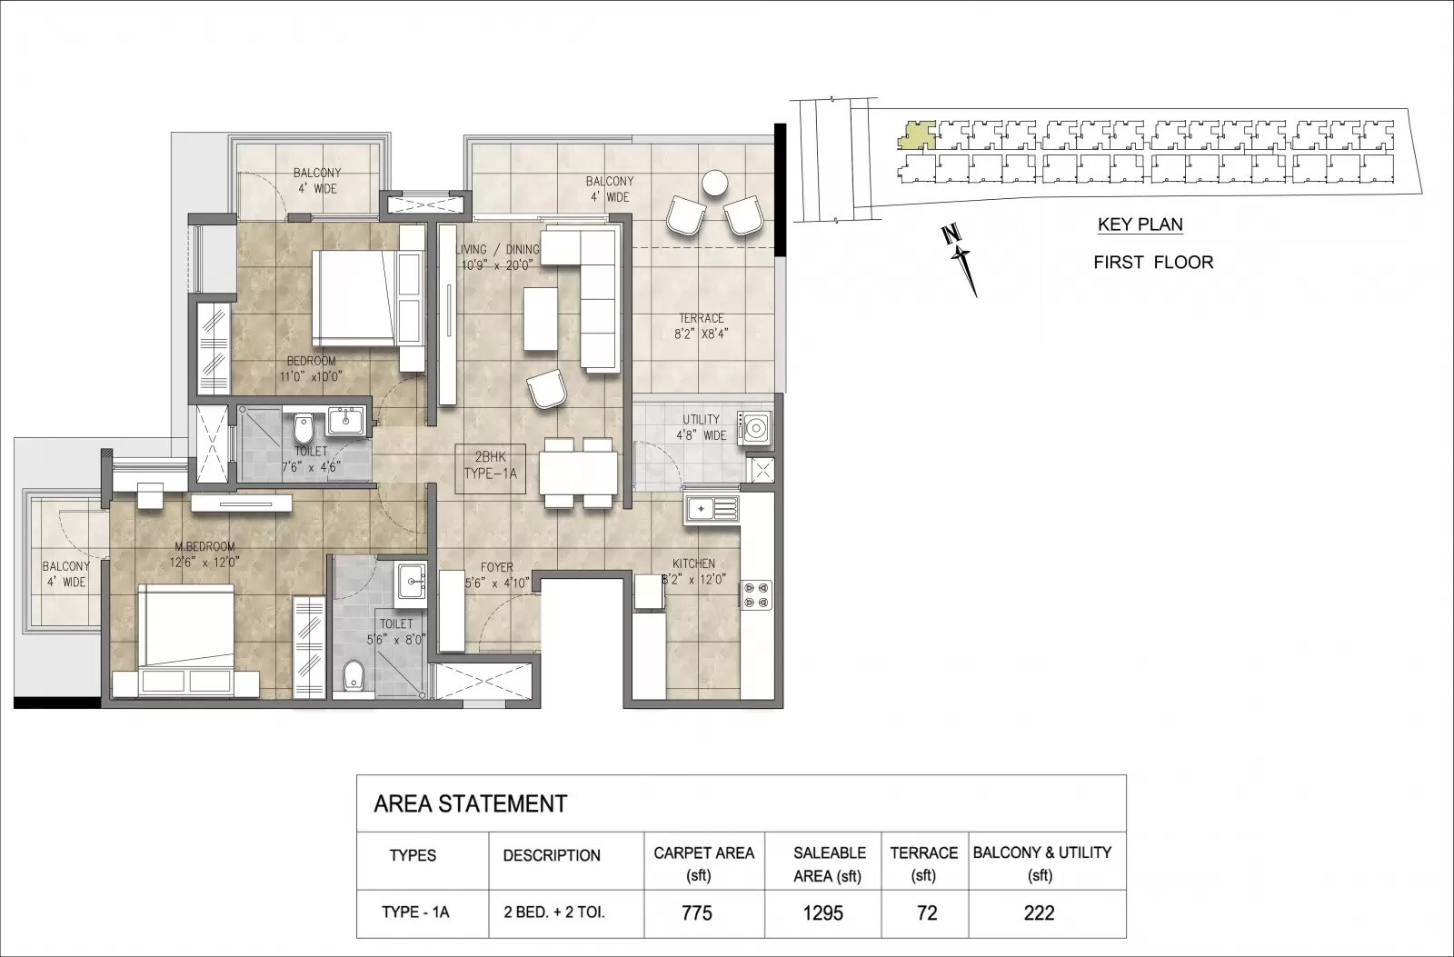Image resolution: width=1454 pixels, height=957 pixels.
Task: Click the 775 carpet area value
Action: coord(697,912)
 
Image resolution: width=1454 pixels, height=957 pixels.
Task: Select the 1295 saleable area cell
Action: coord(822,912)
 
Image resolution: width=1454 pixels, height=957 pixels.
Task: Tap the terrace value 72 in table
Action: coord(926,912)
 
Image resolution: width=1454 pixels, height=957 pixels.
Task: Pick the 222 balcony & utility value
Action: coord(1039,912)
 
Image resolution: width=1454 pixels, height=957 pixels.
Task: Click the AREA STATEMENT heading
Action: coord(471,803)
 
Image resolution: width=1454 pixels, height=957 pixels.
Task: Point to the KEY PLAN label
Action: coord(1140,224)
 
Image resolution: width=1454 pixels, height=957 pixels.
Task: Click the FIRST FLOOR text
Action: coord(1152,263)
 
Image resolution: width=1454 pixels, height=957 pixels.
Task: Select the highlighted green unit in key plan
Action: coord(916,135)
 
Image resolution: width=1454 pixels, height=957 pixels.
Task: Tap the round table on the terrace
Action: coord(715,184)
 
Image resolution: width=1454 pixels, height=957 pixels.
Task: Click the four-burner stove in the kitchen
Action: coord(757,594)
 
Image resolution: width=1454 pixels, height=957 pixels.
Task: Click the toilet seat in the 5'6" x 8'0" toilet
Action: coord(354,674)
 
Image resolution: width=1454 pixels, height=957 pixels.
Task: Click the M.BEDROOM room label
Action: coord(204,553)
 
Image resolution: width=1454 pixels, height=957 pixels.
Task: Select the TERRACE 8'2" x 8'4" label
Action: coord(702,325)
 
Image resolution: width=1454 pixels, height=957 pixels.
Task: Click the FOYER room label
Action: coord(497,575)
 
